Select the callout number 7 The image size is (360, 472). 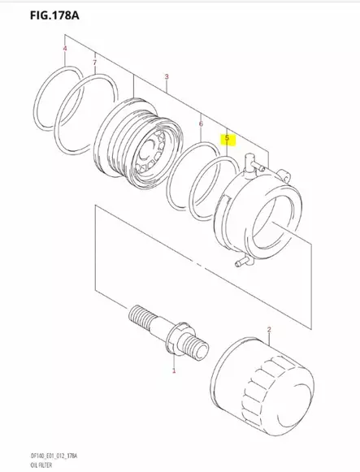(x=94, y=63)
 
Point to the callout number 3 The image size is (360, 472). (x=166, y=77)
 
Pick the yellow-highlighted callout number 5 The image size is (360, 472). (x=228, y=139)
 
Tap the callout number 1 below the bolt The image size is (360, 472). (x=173, y=371)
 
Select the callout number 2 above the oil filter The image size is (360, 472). (x=268, y=331)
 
